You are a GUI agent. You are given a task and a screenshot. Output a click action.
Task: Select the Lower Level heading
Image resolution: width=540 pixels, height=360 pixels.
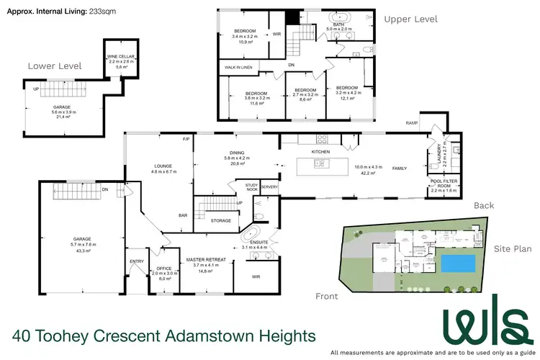click(x=55, y=66)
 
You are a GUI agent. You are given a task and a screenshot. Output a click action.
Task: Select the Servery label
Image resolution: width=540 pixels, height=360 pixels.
click(x=269, y=187)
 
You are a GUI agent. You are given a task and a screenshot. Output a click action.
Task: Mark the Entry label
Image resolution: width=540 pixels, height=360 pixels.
click(x=137, y=261)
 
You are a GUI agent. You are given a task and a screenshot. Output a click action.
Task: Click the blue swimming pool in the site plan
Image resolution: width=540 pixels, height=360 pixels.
click(x=459, y=264)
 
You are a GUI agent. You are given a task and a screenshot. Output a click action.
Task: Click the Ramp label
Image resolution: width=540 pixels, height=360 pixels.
click(x=412, y=123)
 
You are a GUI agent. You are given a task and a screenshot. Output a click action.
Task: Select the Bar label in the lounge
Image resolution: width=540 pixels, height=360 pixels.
click(x=184, y=215)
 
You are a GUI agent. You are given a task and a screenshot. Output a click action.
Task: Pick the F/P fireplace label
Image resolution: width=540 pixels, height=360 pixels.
click(x=185, y=138)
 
